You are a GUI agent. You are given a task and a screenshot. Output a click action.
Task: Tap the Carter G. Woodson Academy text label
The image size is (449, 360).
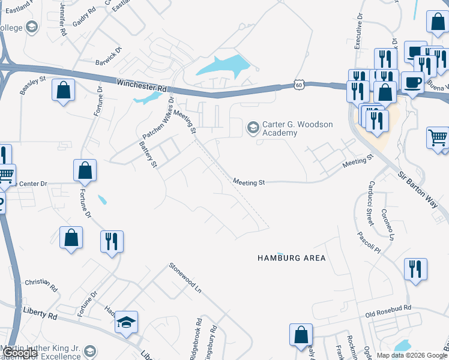coord(297,128)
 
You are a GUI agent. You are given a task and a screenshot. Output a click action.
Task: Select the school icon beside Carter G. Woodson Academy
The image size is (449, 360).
coord(253,128)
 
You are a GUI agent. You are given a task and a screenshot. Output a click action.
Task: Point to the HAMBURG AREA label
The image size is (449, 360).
coord(291,258)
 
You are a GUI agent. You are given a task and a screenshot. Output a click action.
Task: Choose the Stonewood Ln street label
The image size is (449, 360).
coord(185,277)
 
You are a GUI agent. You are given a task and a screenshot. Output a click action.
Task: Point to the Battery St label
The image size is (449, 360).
coord(147,154)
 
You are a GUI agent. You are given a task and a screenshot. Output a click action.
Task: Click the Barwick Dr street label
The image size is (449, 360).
coord(109,56)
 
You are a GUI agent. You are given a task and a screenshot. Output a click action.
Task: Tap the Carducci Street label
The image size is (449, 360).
coord(370,207)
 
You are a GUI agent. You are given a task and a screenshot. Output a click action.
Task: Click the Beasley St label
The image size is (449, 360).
coord(33,85)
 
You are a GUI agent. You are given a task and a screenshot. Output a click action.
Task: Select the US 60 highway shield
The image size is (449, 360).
coord(299,85)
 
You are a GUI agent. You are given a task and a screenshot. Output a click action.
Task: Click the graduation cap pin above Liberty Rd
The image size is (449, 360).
coord(127,323)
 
